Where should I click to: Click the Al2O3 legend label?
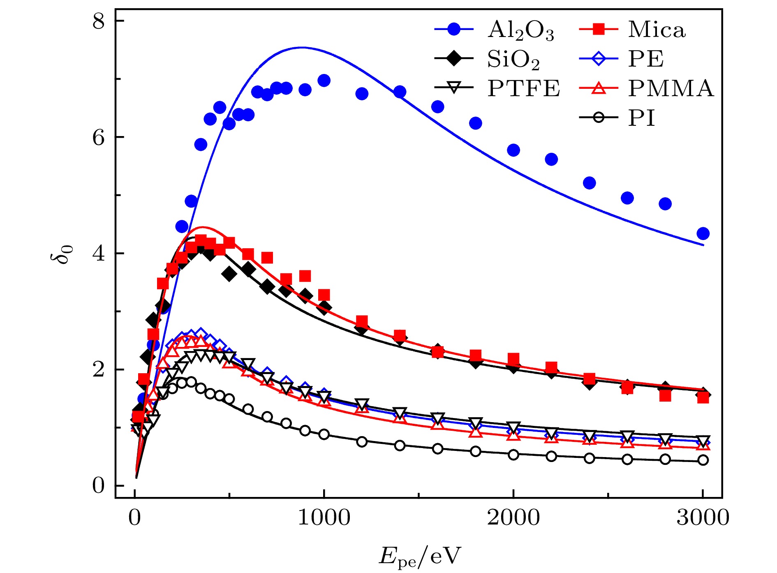520,30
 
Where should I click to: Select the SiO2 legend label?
513,60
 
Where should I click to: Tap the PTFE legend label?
524,88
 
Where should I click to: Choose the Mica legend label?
657,30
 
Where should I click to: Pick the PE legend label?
645,59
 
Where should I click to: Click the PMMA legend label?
671,88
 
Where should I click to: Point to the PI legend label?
641,118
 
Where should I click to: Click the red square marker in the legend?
599,29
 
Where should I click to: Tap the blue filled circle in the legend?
454,29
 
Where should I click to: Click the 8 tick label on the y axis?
99,21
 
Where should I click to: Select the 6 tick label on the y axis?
99,137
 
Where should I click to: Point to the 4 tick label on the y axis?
99,253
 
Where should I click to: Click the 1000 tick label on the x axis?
324,517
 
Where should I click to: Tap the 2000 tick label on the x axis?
513,517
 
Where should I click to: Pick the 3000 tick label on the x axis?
703,517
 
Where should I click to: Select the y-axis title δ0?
62,254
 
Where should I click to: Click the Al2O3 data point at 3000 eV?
703,233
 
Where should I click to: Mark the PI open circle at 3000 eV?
703,460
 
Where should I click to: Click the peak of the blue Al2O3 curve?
302,47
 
